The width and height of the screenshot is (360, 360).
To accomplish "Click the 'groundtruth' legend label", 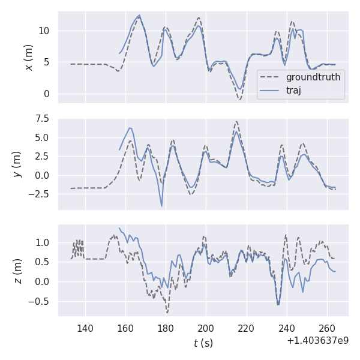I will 313,77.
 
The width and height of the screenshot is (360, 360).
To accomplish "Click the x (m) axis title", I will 28,57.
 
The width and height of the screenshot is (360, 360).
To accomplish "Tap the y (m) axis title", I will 18,163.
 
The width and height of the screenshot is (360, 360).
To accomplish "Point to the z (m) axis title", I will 18,271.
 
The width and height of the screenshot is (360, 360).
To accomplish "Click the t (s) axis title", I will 203,343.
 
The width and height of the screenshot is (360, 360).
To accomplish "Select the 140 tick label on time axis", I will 85,328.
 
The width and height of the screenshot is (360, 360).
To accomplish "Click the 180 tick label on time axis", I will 166,328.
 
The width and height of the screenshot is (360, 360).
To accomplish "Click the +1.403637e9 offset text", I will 317,341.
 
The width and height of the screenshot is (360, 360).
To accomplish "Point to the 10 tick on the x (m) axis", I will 45,31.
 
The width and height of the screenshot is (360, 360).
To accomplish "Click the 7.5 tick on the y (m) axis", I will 42,119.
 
